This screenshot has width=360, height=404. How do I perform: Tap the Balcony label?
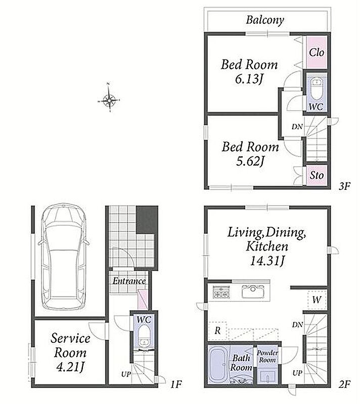265,20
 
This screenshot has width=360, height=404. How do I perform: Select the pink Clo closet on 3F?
317,53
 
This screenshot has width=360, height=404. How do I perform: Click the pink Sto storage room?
317,175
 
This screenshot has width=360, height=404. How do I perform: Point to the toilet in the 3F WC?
317,89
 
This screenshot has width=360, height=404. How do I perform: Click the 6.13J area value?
249,79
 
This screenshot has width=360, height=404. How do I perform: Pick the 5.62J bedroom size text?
250,162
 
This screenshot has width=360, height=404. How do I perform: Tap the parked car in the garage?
64,257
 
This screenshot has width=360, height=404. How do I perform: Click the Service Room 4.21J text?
70,352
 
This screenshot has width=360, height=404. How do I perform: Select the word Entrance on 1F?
129,281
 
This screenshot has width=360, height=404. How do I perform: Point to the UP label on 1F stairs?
126,374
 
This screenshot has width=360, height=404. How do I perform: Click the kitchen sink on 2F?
253,291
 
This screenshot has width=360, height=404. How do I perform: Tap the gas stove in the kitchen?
221,292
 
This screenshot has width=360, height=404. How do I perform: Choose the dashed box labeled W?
317,299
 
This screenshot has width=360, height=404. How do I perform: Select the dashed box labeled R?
217,330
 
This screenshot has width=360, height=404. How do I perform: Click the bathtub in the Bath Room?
219,364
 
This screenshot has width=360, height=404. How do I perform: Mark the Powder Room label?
267,357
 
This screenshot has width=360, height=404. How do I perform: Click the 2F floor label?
344,385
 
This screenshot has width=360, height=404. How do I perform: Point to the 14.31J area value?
267,261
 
